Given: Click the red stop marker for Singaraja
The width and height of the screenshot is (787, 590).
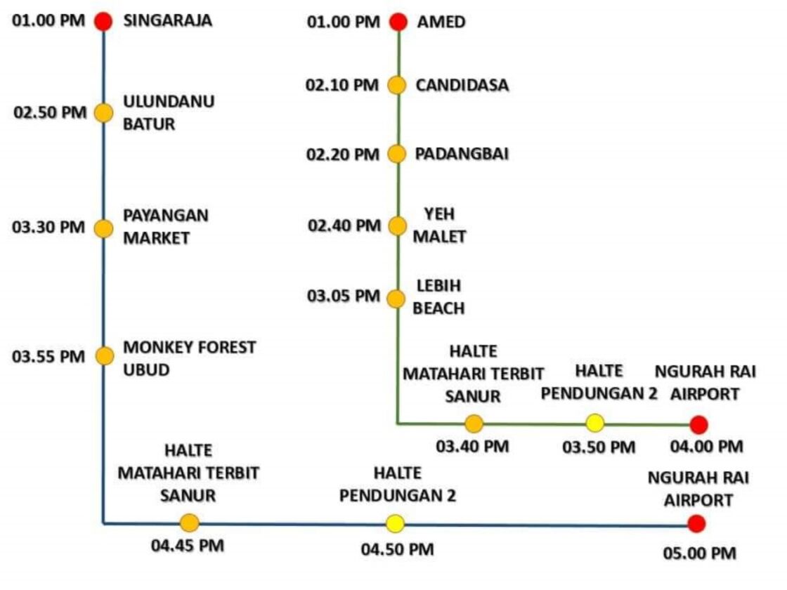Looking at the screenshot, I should point(103,22).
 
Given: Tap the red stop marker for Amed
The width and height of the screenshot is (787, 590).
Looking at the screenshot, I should point(398,22).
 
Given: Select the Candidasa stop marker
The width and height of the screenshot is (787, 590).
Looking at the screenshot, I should point(397,86).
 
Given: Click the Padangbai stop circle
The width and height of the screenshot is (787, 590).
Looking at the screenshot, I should point(397,154).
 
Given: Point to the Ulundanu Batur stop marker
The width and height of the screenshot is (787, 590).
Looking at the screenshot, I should point(104,112).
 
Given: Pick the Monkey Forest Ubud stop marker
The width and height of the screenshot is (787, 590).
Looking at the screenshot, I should point(104,355).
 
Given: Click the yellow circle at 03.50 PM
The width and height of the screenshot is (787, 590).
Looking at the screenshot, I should point(595,423).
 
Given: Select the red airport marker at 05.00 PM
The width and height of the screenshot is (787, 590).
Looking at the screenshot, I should point(696,523).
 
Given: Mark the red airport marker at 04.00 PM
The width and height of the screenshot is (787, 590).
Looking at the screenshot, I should point(698,424).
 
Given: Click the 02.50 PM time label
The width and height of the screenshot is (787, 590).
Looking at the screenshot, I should point(49,113).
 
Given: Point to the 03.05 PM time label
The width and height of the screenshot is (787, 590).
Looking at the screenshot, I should point(343,296).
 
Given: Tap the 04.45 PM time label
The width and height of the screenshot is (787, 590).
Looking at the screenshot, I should point(188,546).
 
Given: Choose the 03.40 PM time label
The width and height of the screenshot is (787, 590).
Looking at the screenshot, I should point(472,446).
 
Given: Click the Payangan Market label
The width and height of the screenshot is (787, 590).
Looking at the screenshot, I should point(166,226).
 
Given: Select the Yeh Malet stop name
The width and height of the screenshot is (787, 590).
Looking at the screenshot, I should point(439,225).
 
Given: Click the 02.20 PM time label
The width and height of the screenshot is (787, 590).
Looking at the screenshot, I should point(343,155).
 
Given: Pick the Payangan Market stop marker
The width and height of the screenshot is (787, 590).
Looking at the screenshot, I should point(104,228).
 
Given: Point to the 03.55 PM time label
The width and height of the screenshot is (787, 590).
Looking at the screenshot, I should point(48,356).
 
